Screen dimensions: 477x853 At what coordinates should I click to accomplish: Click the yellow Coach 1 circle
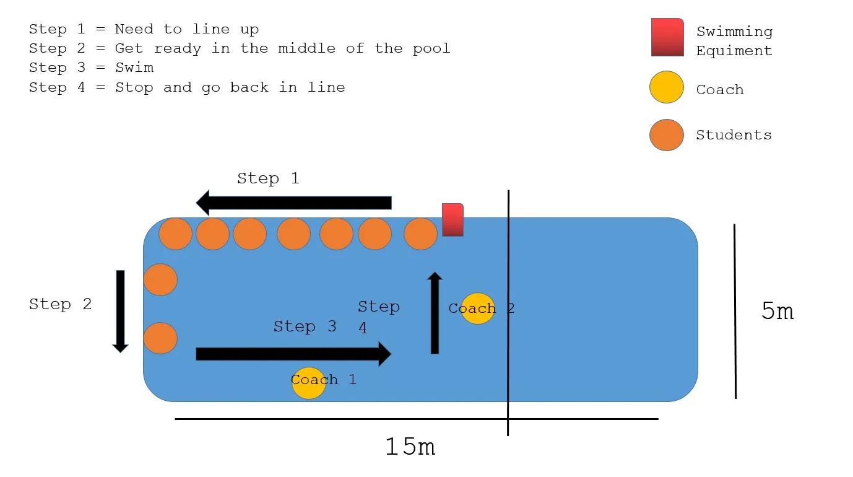coord(308,383)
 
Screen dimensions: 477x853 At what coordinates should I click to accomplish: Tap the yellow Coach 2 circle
coord(478,309)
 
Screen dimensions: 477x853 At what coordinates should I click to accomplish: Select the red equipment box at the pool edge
coord(452,220)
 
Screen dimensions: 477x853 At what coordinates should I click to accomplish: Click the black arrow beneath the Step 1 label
coord(293,203)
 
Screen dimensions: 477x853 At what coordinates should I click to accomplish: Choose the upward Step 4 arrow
coord(435,313)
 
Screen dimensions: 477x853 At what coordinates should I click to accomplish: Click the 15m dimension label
coord(410,446)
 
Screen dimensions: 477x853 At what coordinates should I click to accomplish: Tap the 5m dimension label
coord(777,311)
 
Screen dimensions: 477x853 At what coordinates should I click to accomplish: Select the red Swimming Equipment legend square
coord(667,37)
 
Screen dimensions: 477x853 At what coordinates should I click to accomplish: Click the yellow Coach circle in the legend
coord(667,87)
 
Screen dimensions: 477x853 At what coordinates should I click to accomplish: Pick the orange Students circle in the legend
coord(667,134)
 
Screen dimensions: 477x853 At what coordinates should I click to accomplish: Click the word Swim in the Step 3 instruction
coord(134,68)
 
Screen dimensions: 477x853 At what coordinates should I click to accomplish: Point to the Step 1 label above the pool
coord(268,179)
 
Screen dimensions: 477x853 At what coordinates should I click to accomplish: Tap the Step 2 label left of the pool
coord(60,304)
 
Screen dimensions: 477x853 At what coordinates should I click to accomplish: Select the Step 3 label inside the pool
coord(305,326)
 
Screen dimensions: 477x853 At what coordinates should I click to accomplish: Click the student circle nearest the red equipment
coord(420,234)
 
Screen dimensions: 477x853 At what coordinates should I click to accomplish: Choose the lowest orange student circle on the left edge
coord(160,338)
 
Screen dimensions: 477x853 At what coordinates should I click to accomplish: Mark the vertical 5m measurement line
coord(735,311)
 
